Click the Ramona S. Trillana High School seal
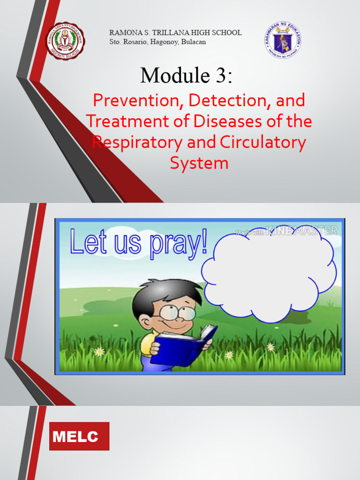65,41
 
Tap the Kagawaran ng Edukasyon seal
283,40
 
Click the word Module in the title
170,75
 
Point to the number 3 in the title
220,75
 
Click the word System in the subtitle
199,163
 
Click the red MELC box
79,436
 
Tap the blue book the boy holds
186,347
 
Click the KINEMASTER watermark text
301,230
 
